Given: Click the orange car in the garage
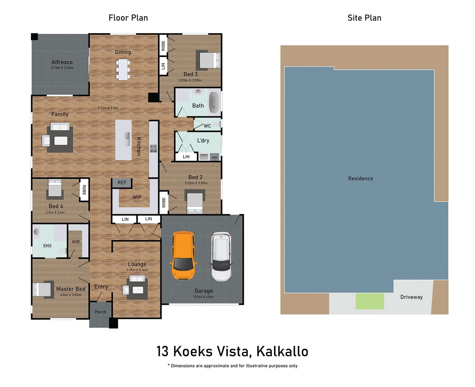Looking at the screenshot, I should tap(183, 255).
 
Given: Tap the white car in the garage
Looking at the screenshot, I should tap(221, 257).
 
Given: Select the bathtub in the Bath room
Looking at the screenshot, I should tap(214, 102).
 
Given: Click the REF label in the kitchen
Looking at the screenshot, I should tap(122, 183).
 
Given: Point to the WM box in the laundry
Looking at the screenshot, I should tap(215, 157).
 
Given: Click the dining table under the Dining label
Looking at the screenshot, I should tap(123, 70).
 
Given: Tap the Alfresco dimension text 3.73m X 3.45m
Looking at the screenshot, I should tap(62, 68).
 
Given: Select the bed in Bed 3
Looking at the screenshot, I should tap(208, 60).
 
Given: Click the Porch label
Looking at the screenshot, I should tap(100, 312).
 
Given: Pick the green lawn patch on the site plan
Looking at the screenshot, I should tap(370, 301).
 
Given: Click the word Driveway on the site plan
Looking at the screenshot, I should tap(411, 297).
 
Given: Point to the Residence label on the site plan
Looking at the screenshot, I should tap(360, 178).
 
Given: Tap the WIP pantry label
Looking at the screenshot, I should tap(137, 197).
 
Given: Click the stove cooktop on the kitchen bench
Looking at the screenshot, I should tap(153, 148).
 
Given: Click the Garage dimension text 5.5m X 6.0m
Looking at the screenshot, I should tap(203, 297).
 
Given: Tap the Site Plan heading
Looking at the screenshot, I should tap(364, 18).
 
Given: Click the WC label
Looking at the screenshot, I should tap(207, 126).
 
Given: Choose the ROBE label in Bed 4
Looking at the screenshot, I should tap(84, 190).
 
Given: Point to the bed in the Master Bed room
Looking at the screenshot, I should tap(42, 290).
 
